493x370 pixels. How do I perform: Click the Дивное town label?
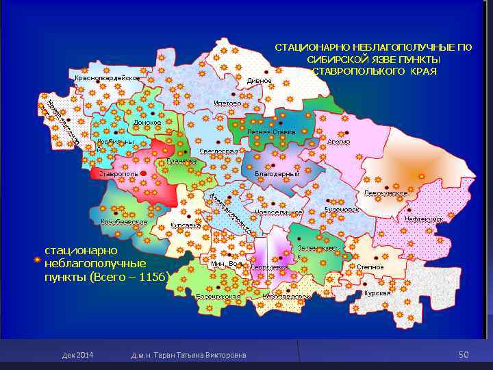click(260, 81)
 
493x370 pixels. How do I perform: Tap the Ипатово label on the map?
click(227, 103)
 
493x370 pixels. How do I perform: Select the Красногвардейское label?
click(106, 78)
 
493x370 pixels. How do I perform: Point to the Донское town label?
click(147, 123)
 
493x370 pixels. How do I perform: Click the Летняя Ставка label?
click(271, 132)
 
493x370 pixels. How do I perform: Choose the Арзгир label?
click(338, 142)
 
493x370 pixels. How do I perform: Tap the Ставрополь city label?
click(118, 174)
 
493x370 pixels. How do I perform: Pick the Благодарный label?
click(277, 174)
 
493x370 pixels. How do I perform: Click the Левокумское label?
click(385, 194)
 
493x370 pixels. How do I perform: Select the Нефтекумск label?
click(424, 219)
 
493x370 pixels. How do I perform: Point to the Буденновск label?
click(342, 207)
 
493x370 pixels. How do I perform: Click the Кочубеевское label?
click(124, 222)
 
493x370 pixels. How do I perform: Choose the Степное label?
click(370, 267)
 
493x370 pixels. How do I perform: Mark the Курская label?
click(377, 293)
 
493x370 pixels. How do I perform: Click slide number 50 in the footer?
click(464, 354)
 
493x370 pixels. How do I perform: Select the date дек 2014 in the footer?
click(77, 355)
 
